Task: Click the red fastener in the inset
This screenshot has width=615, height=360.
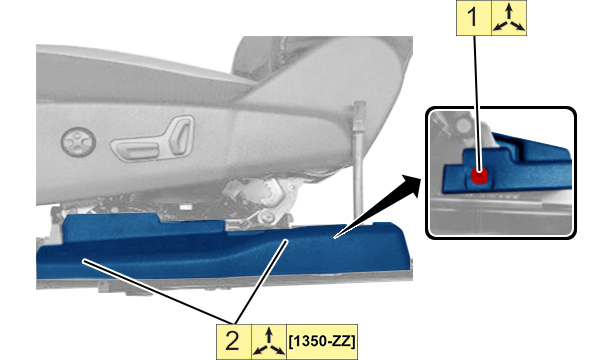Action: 479,175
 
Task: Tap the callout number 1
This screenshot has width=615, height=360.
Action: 473,17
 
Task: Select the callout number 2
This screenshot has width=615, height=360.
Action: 232,341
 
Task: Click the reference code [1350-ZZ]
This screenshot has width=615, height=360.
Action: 322,341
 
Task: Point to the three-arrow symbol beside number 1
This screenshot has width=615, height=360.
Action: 509,17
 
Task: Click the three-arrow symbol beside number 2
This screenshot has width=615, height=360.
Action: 269,342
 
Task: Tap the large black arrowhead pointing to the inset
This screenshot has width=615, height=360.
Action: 410,187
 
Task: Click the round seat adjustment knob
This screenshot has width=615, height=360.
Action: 78,142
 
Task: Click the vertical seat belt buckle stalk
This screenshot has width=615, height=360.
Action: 358,173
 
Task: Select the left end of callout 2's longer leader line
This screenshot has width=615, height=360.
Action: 83,260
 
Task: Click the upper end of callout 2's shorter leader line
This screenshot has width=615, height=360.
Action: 287,241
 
